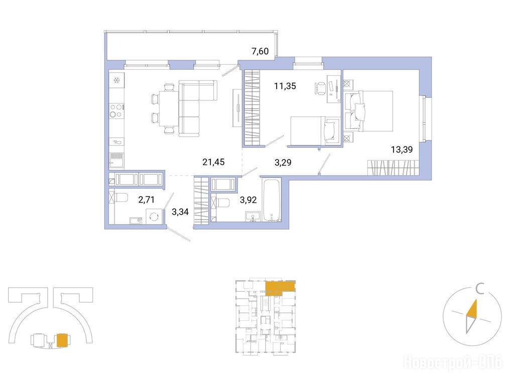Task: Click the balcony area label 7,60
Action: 260,51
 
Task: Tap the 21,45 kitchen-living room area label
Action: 213,162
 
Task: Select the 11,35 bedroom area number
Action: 285,86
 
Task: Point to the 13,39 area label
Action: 402,149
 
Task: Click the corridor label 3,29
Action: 283,162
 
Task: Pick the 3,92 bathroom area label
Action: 248,200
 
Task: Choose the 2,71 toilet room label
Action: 147,200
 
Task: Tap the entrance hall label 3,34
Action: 180,213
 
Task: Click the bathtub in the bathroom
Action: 272,200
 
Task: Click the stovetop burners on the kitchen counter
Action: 116,110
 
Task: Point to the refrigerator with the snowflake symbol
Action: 116,79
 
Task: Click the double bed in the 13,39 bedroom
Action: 368,111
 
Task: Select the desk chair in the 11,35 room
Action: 320,89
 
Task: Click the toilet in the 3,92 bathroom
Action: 221,203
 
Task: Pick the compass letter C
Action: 480,289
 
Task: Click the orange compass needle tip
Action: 476,300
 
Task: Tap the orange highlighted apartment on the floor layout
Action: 280,288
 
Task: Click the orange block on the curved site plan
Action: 62,340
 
